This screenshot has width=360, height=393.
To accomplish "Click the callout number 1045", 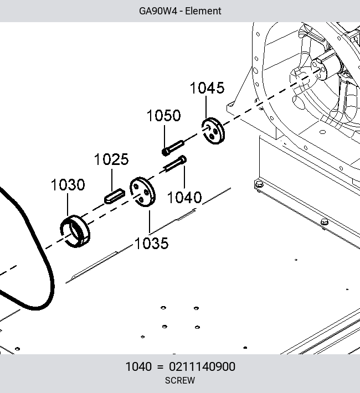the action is click(x=207, y=88).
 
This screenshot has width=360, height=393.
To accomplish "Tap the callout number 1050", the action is click(x=163, y=116).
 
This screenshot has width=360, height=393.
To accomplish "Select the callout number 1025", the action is click(x=111, y=159).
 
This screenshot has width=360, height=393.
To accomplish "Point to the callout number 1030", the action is click(x=68, y=185).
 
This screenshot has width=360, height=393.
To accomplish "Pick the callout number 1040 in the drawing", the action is click(x=184, y=198).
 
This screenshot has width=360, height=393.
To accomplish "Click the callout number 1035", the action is click(x=152, y=244).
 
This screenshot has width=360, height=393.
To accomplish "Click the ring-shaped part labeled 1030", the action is click(x=75, y=231).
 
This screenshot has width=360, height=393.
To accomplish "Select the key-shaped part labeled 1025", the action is click(x=115, y=196).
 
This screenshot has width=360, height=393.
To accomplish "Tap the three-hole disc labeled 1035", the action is click(x=142, y=192).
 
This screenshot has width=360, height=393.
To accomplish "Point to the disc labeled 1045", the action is click(x=213, y=131).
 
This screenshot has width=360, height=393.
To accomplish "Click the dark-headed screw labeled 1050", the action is click(x=173, y=148).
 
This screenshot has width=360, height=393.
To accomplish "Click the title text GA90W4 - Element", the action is click(x=180, y=11).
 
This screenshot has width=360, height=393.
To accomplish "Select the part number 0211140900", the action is click(x=202, y=366).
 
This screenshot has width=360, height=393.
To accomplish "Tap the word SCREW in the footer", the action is click(x=180, y=380).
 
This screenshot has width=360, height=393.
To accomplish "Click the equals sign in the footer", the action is click(x=160, y=367).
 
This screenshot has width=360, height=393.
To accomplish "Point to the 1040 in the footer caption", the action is click(x=138, y=366).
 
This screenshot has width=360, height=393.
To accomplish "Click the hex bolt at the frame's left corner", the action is click(x=259, y=185).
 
